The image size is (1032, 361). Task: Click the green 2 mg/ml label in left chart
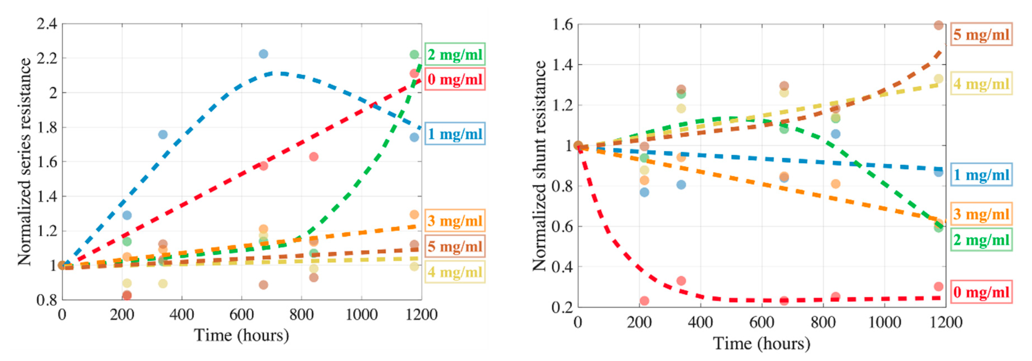(x=455, y=54)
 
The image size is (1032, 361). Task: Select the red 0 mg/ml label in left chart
(x=455, y=79)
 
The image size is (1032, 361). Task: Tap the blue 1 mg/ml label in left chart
(x=455, y=133)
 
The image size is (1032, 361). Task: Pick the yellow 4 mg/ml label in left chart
(x=455, y=272)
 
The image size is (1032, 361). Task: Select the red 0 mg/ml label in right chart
(x=981, y=292)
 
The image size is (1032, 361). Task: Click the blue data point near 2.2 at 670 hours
(x=263, y=54)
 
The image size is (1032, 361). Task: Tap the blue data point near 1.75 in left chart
(x=163, y=134)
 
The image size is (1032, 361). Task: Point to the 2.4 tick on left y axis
(x=47, y=24)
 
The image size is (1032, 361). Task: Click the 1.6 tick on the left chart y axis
(x=47, y=162)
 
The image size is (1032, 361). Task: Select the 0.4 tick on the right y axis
(x=562, y=267)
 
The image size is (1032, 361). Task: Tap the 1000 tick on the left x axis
(x=361, y=315)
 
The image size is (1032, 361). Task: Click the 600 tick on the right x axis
(x=762, y=323)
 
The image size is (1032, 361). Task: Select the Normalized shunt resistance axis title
(x=539, y=166)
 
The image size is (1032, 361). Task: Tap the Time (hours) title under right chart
(x=762, y=344)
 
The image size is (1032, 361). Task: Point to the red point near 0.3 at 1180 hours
(x=938, y=286)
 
